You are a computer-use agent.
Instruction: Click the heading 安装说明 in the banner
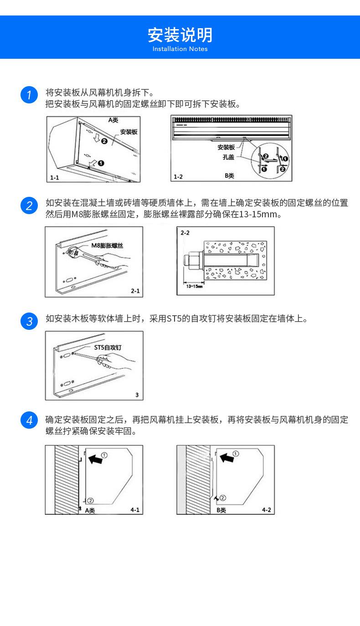pos(180,35)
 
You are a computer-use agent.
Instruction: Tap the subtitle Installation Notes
pos(180,49)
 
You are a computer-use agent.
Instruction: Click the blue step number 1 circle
pos(29,95)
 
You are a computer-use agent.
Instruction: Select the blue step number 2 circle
pos(29,206)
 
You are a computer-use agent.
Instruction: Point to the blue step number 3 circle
pos(29,321)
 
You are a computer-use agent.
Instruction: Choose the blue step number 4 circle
pos(29,420)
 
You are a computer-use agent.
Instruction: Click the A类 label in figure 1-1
pos(113,120)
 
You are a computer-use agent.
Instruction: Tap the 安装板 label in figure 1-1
pos(129,132)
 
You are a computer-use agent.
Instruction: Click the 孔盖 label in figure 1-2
pos(228,157)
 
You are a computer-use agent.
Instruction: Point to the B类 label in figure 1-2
pos(229,175)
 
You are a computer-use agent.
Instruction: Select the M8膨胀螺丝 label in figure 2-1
pos(107,246)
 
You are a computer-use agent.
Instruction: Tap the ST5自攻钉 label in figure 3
pos(108,348)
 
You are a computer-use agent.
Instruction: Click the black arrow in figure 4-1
pos(96,460)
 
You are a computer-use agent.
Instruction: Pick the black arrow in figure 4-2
pos(227,457)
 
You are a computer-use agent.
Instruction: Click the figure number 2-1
pos(135,290)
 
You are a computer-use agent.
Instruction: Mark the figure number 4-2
pos(266,510)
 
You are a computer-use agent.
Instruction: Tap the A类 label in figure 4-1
pos(90,510)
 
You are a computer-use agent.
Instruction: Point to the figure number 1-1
pos(54,177)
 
